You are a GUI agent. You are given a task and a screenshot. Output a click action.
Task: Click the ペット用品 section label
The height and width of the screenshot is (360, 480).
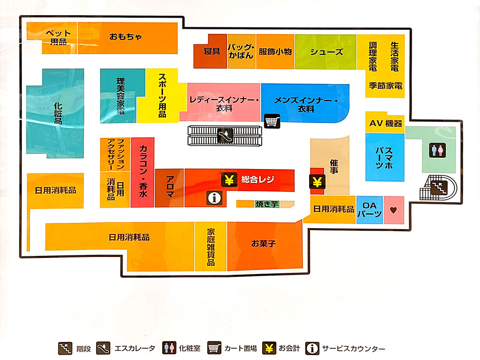click(59, 37)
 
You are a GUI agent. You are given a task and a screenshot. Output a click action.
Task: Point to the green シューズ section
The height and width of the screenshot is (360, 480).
click(327, 52)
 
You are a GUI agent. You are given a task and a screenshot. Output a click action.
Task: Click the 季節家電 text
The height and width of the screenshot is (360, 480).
click(385, 85)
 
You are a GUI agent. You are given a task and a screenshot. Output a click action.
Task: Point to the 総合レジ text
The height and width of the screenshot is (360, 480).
click(258, 180)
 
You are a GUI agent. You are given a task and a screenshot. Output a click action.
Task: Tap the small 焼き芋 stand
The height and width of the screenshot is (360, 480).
click(266, 204)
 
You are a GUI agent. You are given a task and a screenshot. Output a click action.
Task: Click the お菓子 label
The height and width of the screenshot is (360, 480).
click(264, 243)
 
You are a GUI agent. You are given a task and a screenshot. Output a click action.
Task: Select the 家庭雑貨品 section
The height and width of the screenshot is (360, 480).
click(211, 247)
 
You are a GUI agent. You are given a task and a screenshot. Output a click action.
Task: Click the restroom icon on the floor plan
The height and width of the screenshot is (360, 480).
click(437, 149)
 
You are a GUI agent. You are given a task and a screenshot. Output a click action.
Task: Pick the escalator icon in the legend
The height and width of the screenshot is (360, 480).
click(104, 348)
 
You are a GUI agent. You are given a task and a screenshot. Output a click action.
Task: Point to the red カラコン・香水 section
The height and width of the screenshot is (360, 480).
click(143, 171)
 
